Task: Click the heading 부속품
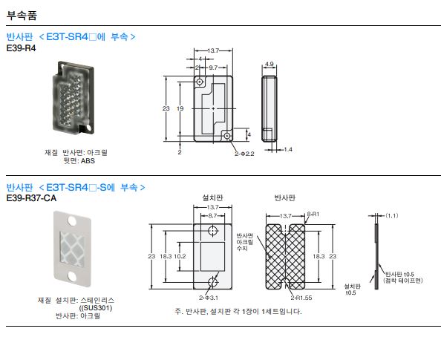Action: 22,15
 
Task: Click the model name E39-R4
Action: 21,48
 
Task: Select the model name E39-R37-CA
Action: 31,198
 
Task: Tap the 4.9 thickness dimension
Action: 269,64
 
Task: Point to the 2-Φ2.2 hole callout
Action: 244,154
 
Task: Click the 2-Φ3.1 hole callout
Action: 209,298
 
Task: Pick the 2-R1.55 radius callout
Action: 301,298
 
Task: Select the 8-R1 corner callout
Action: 313,214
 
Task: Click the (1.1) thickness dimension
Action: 392,215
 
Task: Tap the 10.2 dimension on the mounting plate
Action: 180,256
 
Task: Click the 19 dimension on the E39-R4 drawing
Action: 180,108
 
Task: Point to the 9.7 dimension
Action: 213,68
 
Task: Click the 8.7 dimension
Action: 212,216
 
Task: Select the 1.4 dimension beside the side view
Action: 288,149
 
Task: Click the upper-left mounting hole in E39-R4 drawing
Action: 200,82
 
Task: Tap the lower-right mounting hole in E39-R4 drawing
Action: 227,136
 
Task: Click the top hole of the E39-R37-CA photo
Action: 72,220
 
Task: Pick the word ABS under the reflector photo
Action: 88,161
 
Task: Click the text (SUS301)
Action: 96,308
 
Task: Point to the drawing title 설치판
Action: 212,197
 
